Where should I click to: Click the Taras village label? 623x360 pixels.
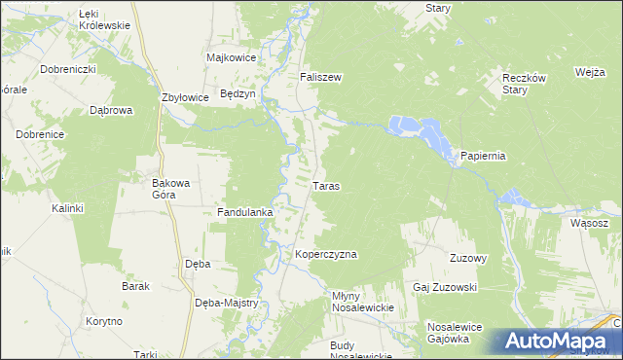[x=326, y=185]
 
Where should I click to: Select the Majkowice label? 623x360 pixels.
[x=232, y=57]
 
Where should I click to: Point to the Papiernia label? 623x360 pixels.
[x=483, y=156]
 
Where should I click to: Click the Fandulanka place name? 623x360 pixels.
[x=244, y=211]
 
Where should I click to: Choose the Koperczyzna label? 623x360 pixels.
[x=326, y=254]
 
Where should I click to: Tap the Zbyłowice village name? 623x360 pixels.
[x=186, y=97]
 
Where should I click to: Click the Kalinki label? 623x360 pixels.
[x=68, y=208]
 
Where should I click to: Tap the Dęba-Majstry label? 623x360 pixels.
[x=226, y=303]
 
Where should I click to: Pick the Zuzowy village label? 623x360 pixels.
[x=467, y=258]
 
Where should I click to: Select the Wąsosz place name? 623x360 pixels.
[x=590, y=223]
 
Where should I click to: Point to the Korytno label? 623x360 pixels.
[x=102, y=321]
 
